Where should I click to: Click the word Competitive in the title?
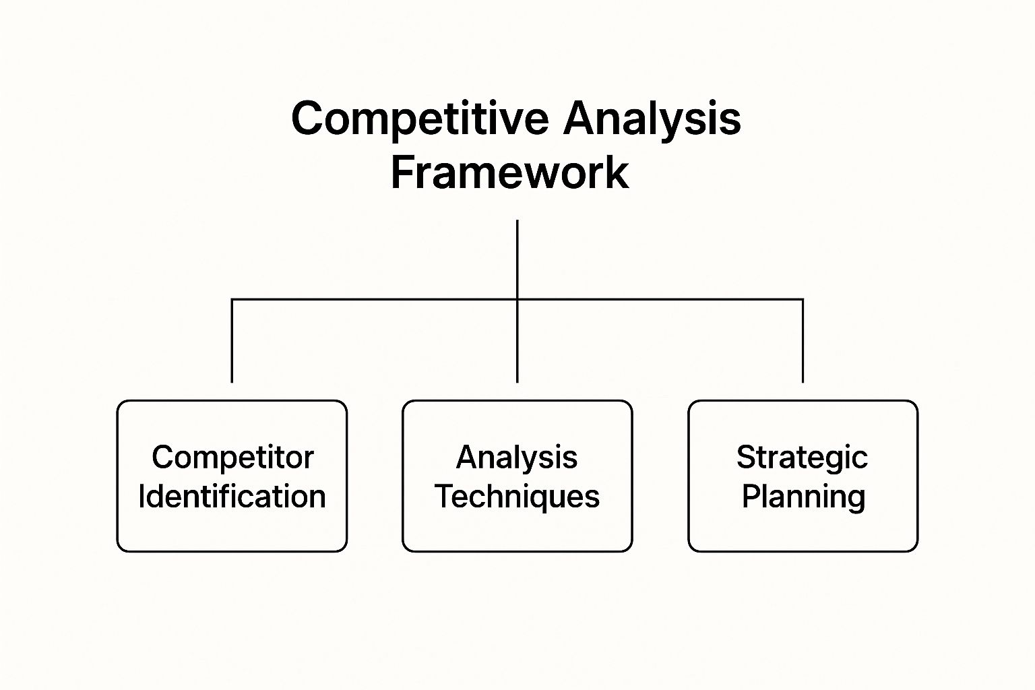click(x=420, y=119)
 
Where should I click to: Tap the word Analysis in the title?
click(x=652, y=119)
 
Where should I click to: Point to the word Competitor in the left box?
click(x=232, y=458)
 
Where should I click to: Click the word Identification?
click(x=232, y=497)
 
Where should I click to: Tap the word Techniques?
click(x=517, y=497)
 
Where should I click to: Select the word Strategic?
click(x=802, y=458)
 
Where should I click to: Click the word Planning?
click(x=803, y=497)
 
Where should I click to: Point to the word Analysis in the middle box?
click(x=517, y=458)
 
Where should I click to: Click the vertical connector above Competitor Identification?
click(x=232, y=341)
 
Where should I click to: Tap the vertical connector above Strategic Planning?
click(x=803, y=341)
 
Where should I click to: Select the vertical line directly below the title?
click(x=517, y=259)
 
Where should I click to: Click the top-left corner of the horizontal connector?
click(x=232, y=299)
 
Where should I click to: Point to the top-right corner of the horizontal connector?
click(x=803, y=299)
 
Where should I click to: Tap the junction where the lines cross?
click(x=517, y=299)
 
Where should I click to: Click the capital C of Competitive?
click(x=308, y=119)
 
